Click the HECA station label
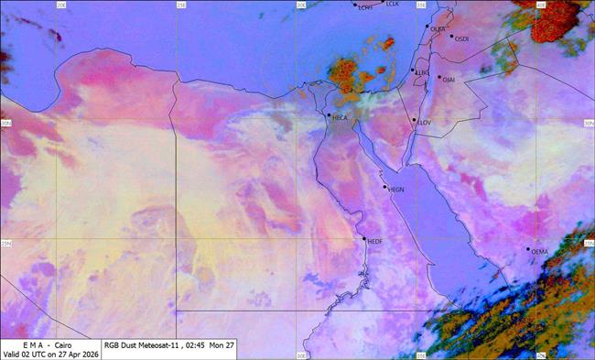(x=340, y=118)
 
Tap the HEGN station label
(x=396, y=190)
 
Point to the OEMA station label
(x=539, y=251)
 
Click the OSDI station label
(x=461, y=38)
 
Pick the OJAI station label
(x=449, y=80)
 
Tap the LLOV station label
(x=424, y=123)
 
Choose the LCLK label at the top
(x=393, y=5)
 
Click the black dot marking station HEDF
(x=364, y=239)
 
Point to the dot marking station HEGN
(x=385, y=187)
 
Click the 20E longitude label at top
(x=61, y=5)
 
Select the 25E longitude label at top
(x=181, y=5)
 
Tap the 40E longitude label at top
(x=540, y=5)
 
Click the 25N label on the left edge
(x=5, y=243)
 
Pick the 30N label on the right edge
(x=589, y=123)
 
